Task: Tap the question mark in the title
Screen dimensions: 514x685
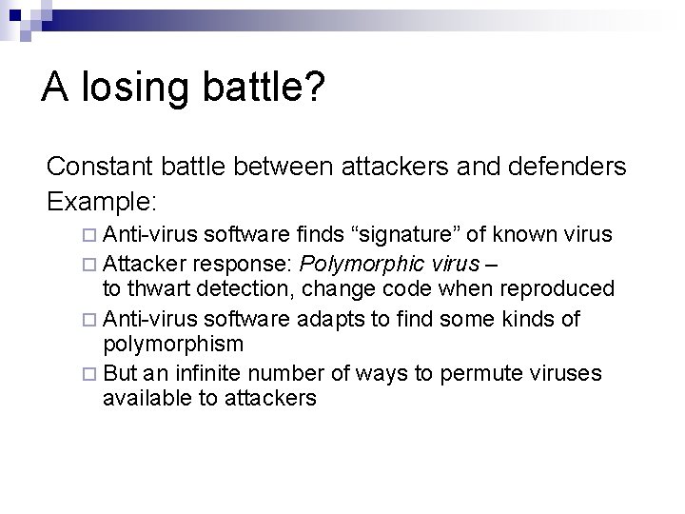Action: (315, 89)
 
